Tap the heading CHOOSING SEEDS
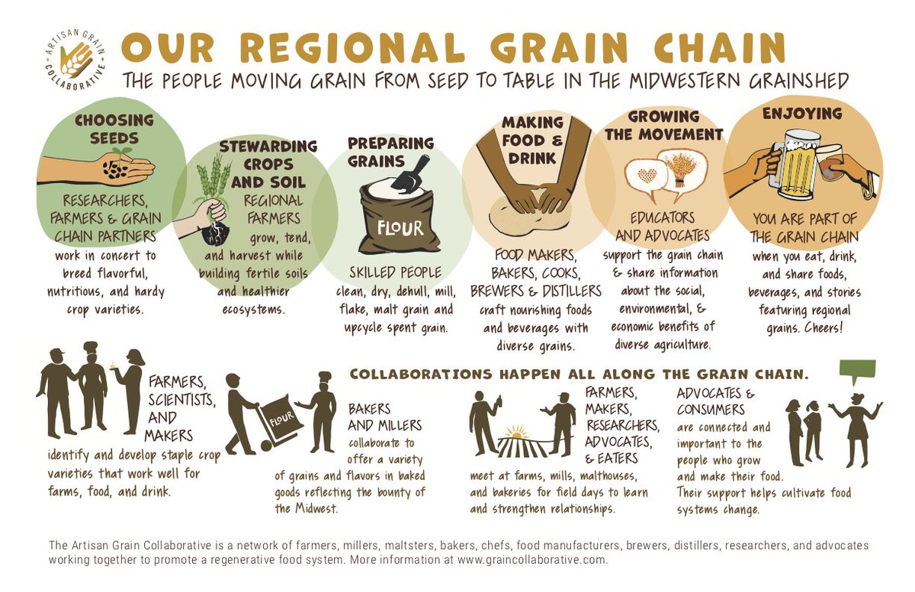[x=114, y=129]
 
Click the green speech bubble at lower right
[x=857, y=372]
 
